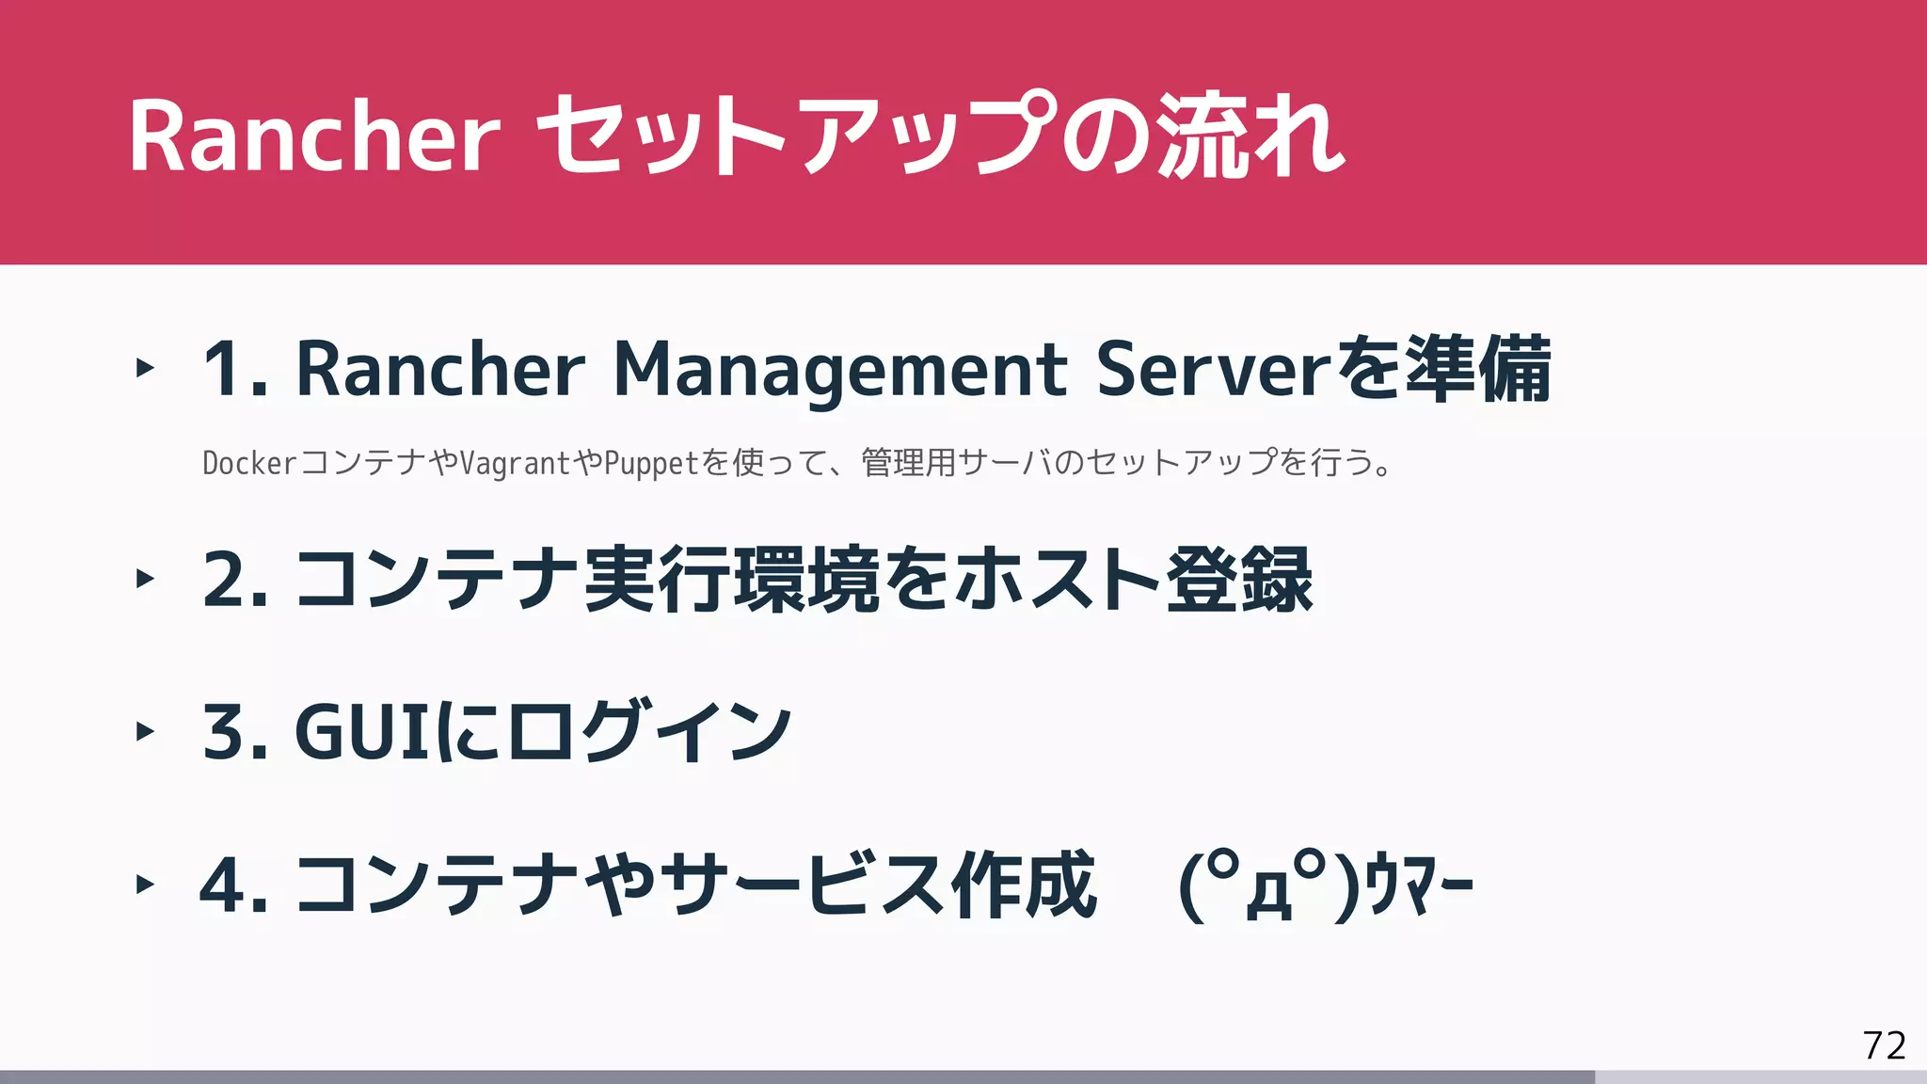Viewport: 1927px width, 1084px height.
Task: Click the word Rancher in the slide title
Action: coord(314,137)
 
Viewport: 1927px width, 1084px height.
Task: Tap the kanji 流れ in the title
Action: coord(1250,137)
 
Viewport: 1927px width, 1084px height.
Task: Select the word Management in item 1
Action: coord(840,370)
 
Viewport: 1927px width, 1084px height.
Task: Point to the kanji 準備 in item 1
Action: coord(1478,370)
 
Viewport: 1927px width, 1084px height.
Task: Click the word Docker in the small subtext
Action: coord(249,463)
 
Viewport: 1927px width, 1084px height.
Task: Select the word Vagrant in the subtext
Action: coord(516,463)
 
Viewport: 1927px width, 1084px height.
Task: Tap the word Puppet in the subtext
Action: coord(651,463)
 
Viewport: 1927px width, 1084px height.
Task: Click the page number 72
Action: coord(1884,1045)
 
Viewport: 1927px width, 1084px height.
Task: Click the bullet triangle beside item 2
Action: coord(145,578)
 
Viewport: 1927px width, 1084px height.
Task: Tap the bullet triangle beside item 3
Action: coord(145,731)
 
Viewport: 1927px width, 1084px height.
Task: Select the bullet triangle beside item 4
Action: coord(145,885)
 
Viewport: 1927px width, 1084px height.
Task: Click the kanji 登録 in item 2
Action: coord(1239,580)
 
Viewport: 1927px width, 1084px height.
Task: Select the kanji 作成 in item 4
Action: coord(1024,885)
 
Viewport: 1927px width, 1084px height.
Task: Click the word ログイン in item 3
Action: coord(650,732)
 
